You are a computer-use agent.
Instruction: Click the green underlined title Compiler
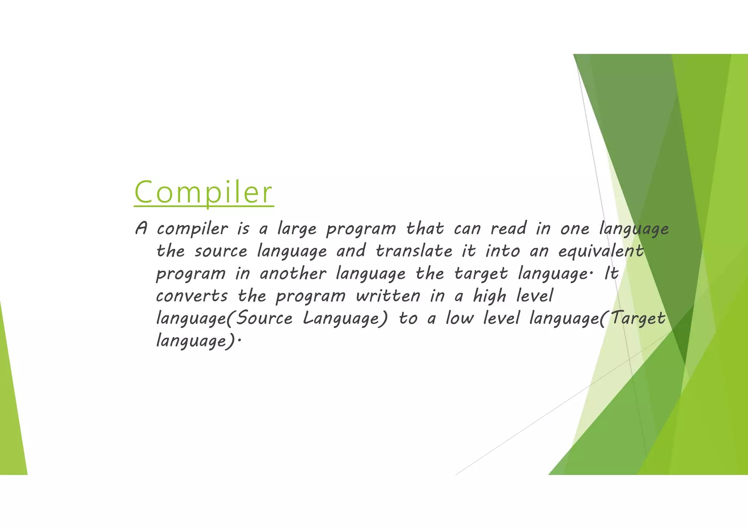[x=204, y=193]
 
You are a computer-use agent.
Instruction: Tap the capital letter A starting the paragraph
[x=141, y=229]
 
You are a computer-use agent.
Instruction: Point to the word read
[x=508, y=229]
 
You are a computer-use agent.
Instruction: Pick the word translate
[x=414, y=251]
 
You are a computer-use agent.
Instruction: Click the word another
[x=293, y=274]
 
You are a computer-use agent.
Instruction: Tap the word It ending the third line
[x=611, y=274]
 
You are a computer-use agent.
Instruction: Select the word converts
[x=192, y=296]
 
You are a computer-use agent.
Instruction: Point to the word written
[x=388, y=296]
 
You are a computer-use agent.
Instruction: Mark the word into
[x=503, y=251]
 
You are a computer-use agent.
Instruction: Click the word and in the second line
[x=351, y=251]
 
